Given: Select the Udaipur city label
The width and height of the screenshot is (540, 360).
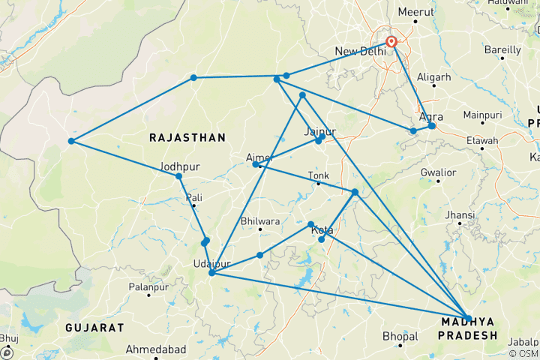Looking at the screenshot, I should coord(210,264).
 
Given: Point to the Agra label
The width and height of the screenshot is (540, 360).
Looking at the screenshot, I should coord(431,116).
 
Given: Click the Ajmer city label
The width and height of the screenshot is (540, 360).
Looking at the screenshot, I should coord(259,157).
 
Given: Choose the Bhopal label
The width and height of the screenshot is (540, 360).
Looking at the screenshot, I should coord(397,335).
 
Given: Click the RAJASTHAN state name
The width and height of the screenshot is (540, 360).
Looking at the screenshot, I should coord(187,137).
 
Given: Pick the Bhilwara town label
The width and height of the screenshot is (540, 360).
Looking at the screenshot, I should coord(260,221).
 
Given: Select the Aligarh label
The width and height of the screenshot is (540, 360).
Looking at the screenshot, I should coord(434,77).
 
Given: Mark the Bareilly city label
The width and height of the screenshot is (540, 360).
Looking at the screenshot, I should coord(503,49).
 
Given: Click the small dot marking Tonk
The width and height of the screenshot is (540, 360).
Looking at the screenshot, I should coord(318,184).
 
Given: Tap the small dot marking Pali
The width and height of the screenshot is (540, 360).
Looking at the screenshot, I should coord(193,205).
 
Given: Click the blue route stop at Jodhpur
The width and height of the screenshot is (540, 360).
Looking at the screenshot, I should coord(178,176).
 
